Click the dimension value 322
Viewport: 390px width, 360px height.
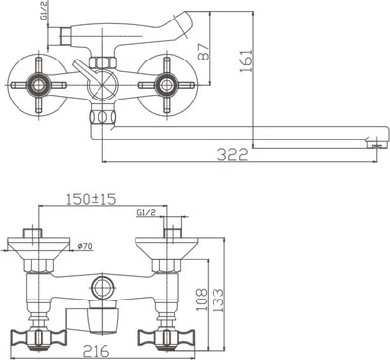point(231,153)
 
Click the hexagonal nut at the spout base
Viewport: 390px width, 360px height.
point(99,119)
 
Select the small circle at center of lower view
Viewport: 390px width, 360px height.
point(99,286)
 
